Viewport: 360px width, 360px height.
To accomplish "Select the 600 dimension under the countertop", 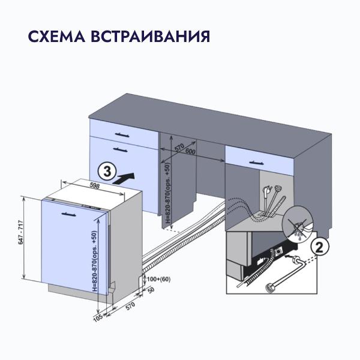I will [x=191, y=152].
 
